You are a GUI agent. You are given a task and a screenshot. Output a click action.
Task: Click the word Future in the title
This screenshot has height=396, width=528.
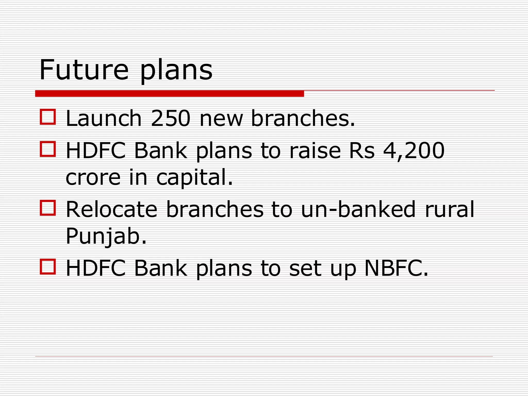tap(84, 70)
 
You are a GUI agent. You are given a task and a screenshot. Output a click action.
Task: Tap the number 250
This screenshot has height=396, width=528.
tap(171, 119)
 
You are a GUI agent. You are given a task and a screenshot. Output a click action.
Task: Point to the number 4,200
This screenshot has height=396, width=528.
tap(414, 151)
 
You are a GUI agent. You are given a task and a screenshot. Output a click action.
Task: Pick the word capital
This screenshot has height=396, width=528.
tap(194, 178)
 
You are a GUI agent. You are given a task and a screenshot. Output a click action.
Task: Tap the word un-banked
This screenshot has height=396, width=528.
tap(358, 209)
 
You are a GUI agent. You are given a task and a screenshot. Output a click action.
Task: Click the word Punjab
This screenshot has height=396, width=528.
tap(106, 237)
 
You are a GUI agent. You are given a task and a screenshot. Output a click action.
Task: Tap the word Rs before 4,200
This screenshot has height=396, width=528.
tap(361, 151)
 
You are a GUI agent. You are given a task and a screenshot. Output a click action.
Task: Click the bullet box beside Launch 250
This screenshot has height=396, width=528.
tap(48, 117)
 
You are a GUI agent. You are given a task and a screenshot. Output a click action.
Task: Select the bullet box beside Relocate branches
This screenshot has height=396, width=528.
tap(48, 208)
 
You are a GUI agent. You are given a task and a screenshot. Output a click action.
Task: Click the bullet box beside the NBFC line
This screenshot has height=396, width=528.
tap(48, 267)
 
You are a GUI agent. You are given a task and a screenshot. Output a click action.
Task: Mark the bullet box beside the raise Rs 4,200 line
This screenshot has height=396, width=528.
tap(48, 149)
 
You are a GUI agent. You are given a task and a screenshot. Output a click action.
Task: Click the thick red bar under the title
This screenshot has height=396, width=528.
tap(169, 94)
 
